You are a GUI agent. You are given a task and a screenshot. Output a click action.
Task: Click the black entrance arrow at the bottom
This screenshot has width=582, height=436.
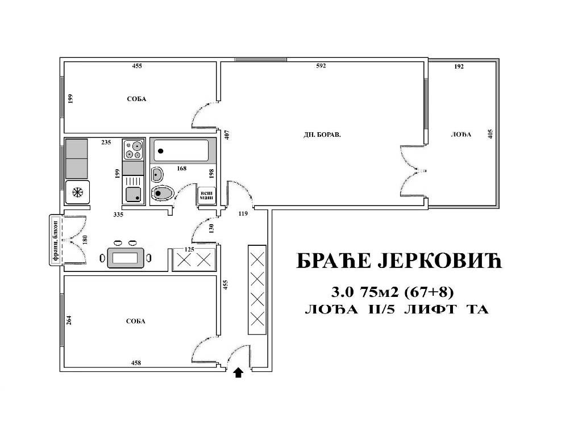click(238, 372)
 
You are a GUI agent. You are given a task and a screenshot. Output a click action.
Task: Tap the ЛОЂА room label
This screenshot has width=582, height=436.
click(461, 135)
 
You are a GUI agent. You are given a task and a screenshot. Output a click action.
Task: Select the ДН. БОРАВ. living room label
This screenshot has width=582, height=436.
click(322, 135)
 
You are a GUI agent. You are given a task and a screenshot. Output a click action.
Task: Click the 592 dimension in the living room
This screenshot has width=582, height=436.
click(321, 66)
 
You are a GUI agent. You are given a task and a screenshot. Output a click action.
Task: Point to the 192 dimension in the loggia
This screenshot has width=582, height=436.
click(459, 66)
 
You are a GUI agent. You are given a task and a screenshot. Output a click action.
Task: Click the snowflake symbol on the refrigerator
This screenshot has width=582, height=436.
click(77, 192)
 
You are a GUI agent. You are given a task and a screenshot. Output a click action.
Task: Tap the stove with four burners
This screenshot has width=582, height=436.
click(133, 149)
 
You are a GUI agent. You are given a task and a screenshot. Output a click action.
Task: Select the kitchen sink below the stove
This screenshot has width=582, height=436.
click(133, 190)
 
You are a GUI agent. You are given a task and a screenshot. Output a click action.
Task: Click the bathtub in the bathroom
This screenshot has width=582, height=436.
click(181, 150)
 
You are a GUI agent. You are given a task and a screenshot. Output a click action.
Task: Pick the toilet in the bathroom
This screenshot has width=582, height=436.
click(162, 193)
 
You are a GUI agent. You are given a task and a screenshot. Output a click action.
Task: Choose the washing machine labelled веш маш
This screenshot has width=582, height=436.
click(206, 195)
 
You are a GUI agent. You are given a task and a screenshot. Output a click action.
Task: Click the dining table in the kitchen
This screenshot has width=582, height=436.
click(126, 258)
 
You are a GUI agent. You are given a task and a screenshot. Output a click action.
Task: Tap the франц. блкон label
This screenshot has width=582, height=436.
click(55, 240)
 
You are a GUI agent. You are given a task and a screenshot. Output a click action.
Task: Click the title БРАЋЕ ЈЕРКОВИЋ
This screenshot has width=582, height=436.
click(399, 261)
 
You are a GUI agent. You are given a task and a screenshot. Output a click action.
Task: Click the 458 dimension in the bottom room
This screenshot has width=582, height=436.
click(136, 363)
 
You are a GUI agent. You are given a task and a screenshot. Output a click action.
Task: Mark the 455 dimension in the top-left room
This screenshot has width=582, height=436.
click(137, 66)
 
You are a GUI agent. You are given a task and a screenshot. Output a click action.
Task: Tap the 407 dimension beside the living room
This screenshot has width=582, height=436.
click(227, 134)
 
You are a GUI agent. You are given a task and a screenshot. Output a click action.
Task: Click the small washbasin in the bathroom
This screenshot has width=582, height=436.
click(157, 174)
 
